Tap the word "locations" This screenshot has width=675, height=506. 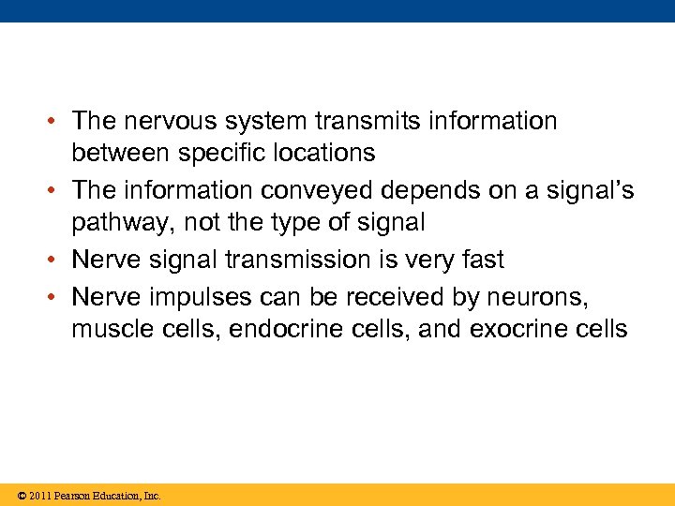point(323,153)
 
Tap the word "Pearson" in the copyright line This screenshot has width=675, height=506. point(75,496)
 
